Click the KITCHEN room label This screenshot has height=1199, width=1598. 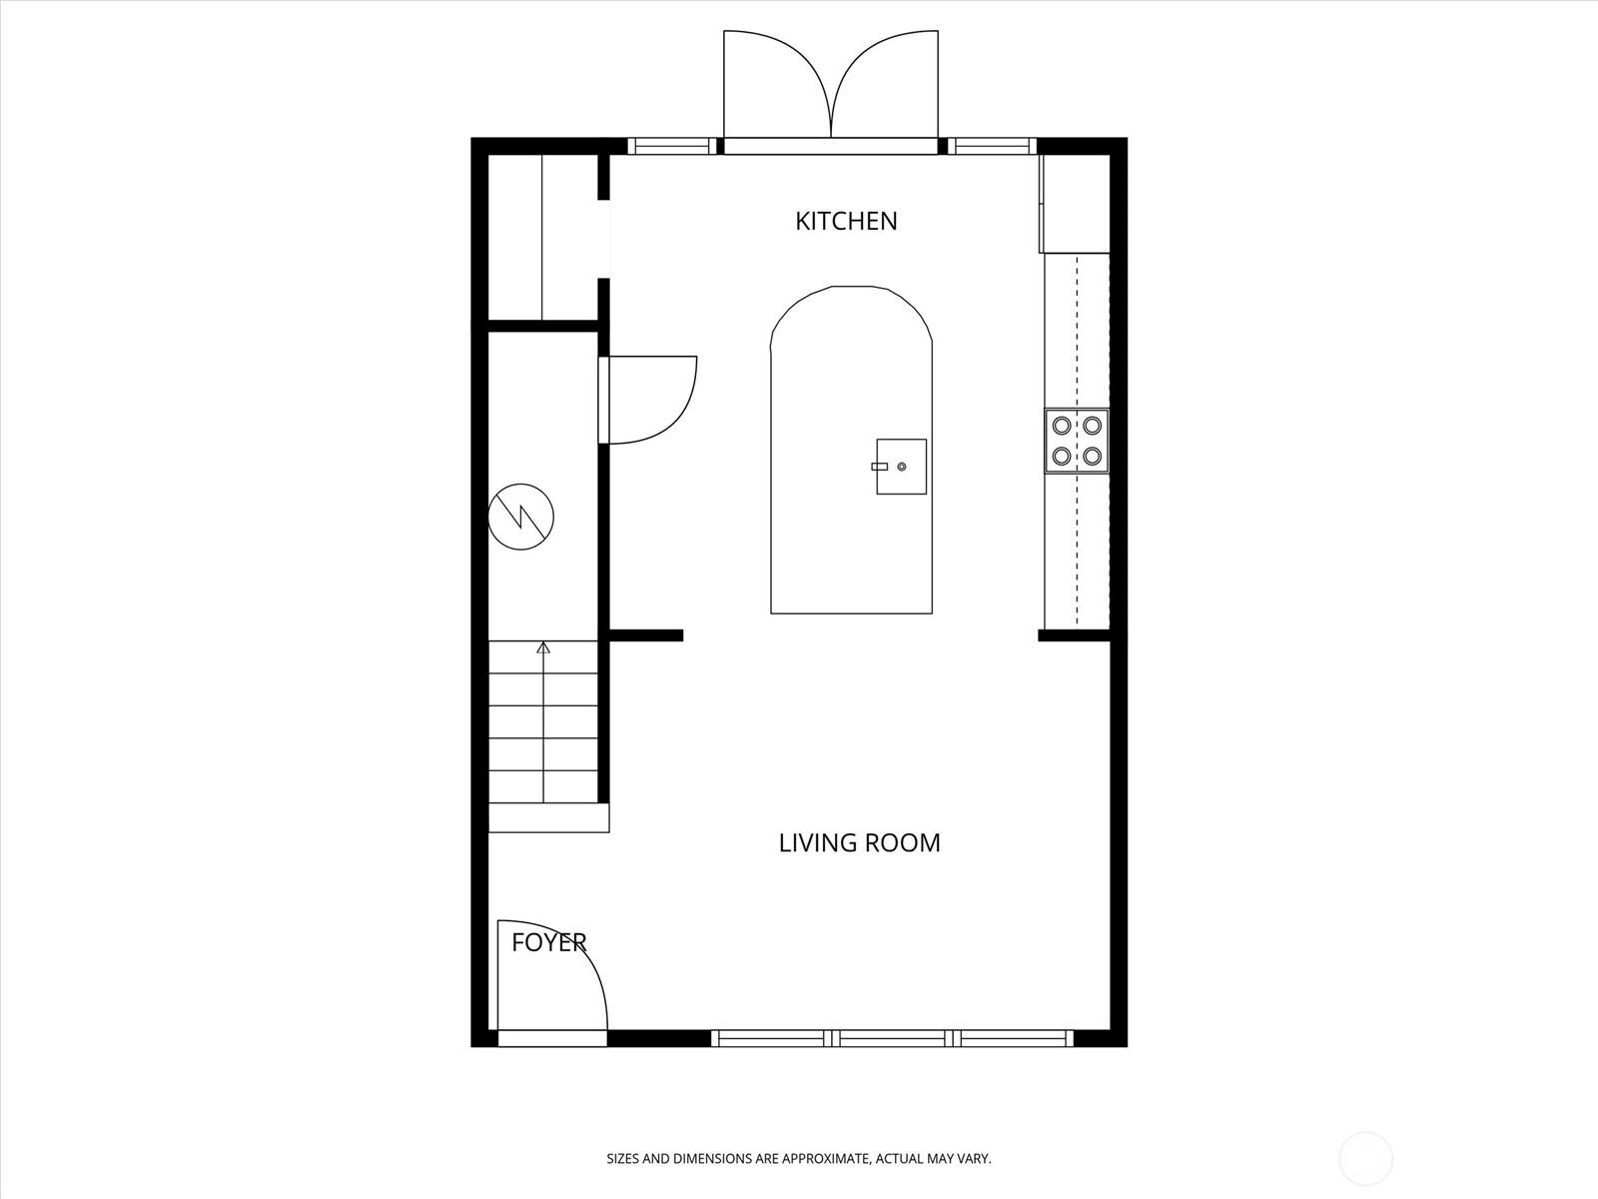[846, 221]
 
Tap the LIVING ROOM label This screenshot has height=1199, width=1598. [860, 842]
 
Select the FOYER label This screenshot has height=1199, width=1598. [549, 943]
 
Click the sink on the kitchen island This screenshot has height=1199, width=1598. [901, 467]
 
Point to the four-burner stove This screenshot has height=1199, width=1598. [1077, 441]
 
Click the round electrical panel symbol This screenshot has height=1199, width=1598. [520, 517]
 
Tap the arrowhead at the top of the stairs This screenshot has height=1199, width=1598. [543, 647]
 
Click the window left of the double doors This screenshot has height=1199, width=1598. [672, 146]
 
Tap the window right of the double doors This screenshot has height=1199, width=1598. [992, 146]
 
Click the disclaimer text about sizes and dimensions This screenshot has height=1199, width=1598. [799, 1158]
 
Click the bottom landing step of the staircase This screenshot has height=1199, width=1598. [548, 817]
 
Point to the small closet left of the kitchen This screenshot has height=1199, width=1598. [543, 238]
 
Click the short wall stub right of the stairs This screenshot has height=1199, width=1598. [646, 635]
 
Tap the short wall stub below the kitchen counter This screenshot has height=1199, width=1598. [1074, 635]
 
